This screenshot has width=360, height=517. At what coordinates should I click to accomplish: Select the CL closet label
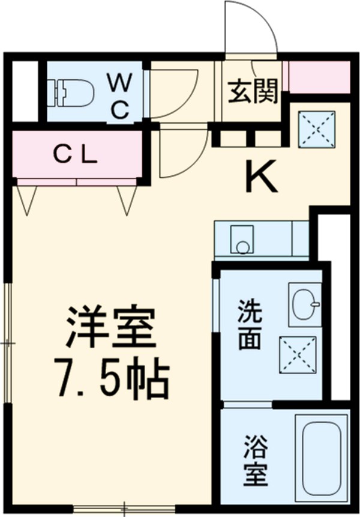pyautogui.click(x=76, y=155)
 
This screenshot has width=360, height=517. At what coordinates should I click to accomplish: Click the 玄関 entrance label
pyautogui.click(x=253, y=92)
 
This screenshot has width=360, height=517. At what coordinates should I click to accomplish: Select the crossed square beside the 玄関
pyautogui.click(x=316, y=128)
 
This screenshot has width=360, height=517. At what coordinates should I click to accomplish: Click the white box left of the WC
pyautogui.click(x=25, y=89)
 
